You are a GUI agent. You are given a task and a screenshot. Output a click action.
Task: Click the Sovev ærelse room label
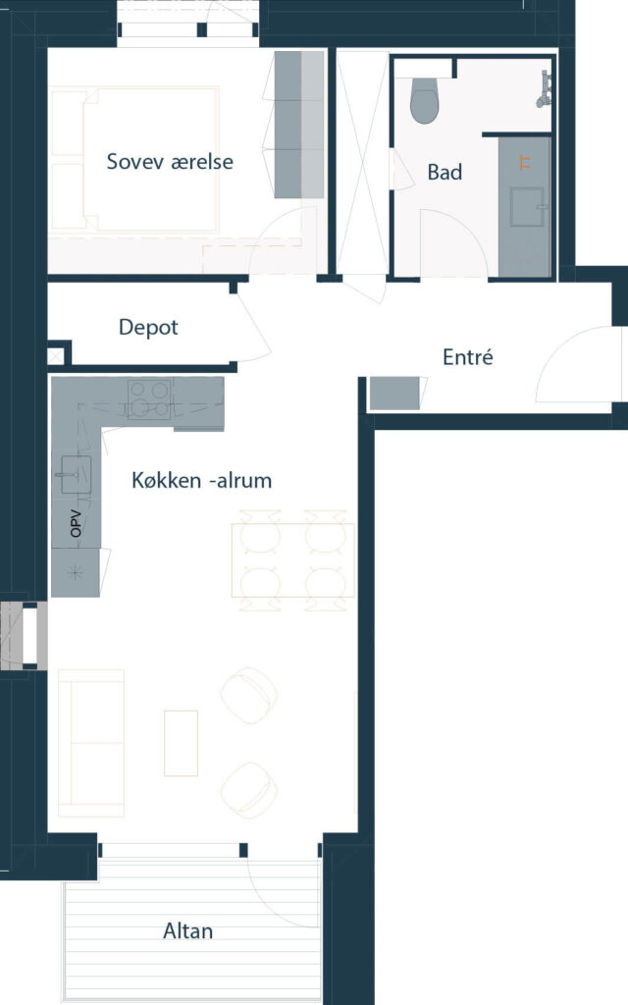(x=170, y=162)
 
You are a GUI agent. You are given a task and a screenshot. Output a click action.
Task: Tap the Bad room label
(x=445, y=172)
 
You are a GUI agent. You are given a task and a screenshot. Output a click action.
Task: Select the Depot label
(x=148, y=328)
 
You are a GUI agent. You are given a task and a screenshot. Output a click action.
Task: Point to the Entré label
(x=468, y=356)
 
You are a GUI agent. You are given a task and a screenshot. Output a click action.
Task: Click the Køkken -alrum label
(x=202, y=480)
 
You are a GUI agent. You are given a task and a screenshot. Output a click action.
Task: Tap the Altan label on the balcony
(x=187, y=930)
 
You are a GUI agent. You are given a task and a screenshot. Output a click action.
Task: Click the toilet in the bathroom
(x=424, y=101)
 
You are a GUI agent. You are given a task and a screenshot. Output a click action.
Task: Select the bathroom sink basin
(x=527, y=206)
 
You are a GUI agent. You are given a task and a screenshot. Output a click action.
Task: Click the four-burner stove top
(x=150, y=398)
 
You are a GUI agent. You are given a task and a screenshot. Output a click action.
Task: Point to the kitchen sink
(x=76, y=475)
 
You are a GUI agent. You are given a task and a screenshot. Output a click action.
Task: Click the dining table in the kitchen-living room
(x=292, y=560)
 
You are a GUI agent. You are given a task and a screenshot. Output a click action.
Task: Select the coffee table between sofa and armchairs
(x=181, y=743)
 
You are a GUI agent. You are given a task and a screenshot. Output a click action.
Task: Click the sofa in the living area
(x=91, y=743)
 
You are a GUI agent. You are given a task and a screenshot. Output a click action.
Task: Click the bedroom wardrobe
(x=299, y=125)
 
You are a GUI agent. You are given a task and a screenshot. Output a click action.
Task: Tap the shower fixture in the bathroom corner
(x=545, y=88)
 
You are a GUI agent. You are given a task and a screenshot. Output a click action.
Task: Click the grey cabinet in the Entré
(x=394, y=393)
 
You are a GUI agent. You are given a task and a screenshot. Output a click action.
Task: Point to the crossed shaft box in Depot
(x=56, y=355)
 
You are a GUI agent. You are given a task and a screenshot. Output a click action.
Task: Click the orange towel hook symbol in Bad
(x=526, y=163)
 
